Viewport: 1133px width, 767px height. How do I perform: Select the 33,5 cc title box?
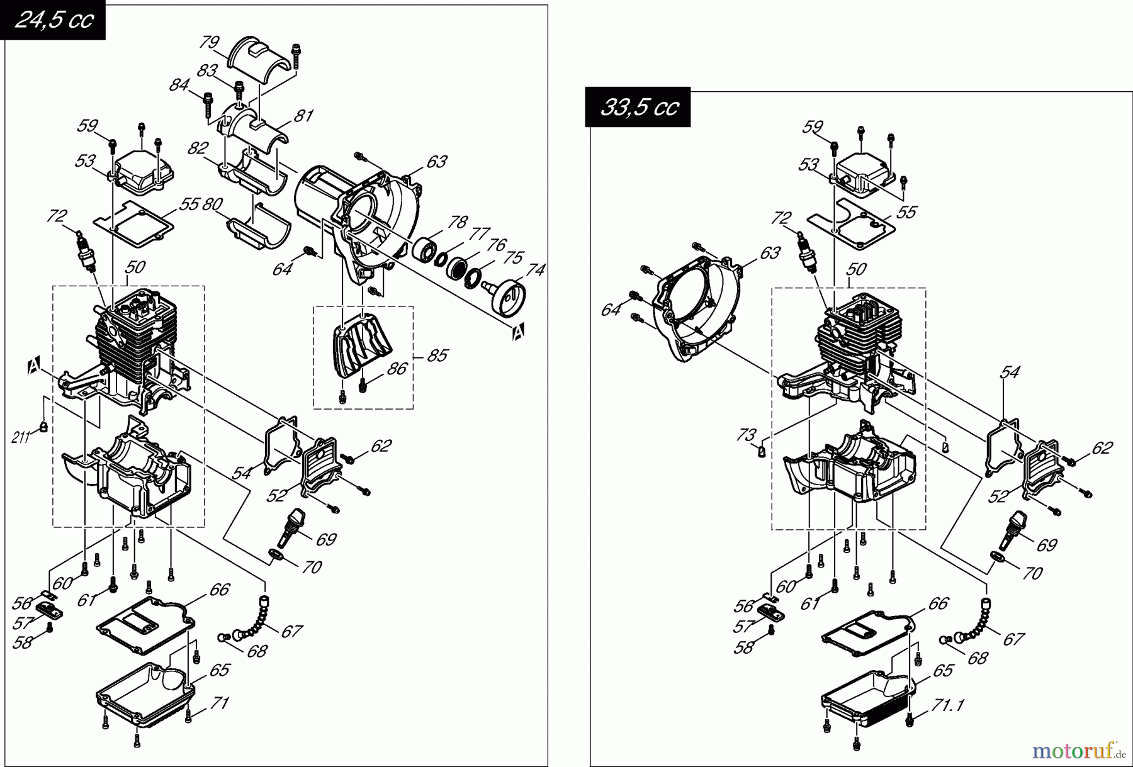click(638, 108)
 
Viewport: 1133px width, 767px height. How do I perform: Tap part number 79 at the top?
click(209, 42)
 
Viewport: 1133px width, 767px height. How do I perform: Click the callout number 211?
click(21, 437)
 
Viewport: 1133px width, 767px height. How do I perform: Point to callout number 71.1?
click(947, 705)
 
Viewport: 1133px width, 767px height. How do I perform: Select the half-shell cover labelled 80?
click(258, 230)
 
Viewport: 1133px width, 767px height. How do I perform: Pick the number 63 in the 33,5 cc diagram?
click(770, 252)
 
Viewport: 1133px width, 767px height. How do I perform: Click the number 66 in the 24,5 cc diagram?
click(219, 590)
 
